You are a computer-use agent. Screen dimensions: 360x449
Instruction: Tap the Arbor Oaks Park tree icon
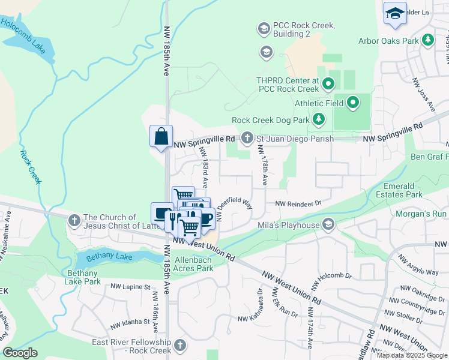427,41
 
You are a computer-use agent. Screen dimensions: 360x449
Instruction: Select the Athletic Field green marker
352,103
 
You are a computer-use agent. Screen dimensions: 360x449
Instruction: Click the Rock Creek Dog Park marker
318,120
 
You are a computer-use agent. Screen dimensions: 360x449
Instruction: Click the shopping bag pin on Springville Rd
161,136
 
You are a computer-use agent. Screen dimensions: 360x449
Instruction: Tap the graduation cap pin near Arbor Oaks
395,14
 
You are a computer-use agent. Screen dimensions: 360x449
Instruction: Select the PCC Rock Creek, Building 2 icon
263,28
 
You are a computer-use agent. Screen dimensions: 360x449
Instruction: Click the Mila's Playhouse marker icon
328,225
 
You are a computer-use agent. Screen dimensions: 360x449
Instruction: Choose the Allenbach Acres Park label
193,265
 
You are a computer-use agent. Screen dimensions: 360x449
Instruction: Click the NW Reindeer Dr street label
298,204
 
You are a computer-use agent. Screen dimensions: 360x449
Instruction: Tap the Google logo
20,353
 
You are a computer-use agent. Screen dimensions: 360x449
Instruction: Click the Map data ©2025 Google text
412,355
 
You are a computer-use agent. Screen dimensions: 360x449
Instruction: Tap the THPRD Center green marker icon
328,84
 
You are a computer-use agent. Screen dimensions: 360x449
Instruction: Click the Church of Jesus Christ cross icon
74,221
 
